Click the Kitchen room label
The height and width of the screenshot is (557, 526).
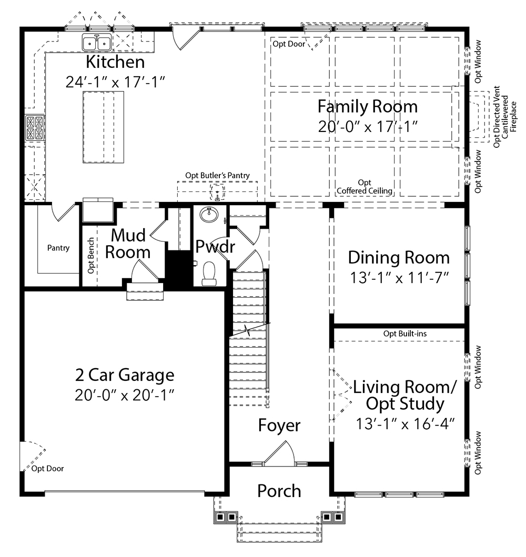click(115, 62)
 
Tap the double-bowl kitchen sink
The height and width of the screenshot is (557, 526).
click(96, 43)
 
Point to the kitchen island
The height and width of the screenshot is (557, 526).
click(103, 127)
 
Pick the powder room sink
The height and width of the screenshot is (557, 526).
click(209, 215)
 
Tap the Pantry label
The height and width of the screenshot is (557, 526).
click(58, 248)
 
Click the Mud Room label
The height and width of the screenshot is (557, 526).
click(128, 244)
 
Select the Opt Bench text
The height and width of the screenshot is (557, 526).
click(91, 256)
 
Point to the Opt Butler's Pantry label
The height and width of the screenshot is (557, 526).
click(217, 176)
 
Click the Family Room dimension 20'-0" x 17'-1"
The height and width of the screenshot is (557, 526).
click(368, 126)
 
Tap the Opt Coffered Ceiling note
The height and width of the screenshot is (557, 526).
click(365, 187)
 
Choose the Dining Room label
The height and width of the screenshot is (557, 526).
click(399, 258)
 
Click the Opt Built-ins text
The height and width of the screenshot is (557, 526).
click(405, 333)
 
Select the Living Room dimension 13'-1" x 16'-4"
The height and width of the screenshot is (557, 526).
click(405, 423)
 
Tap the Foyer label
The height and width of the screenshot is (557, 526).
click(279, 425)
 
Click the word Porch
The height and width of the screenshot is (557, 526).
click(279, 491)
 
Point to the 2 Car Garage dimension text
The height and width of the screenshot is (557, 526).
click(124, 394)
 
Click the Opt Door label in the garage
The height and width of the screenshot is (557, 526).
click(47, 469)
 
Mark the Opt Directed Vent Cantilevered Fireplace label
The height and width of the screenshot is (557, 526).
click(504, 117)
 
